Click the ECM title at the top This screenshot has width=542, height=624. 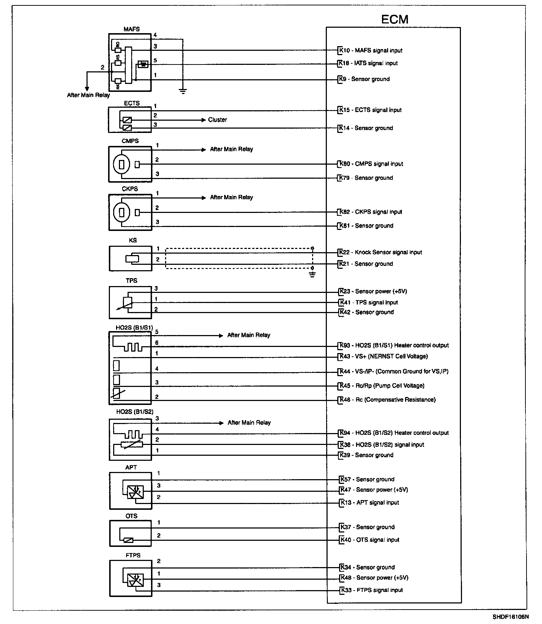coord(395,19)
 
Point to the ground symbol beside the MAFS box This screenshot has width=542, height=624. coord(183,91)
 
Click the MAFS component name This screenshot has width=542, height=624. coord(132,29)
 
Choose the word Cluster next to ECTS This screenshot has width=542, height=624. coord(218,120)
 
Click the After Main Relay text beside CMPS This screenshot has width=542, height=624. coord(231,149)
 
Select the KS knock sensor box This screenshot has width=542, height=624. coord(130,258)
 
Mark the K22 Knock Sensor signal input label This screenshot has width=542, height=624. coord(381,252)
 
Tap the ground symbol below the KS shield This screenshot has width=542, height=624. coord(312,275)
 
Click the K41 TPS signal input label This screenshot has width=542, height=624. coord(369,303)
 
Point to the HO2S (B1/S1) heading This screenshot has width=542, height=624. coord(134,328)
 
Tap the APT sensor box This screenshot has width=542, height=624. coord(130,491)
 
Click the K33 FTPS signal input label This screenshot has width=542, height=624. coord(372,590)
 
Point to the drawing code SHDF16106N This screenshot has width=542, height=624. coord(511,616)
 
